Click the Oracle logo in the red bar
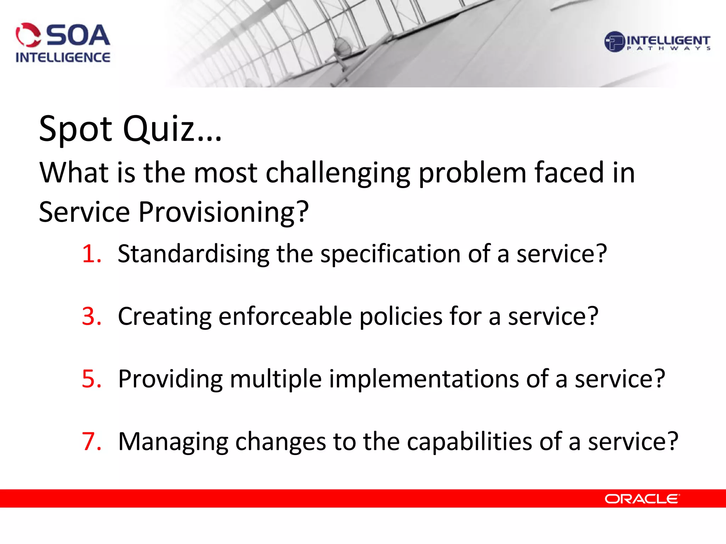pos(642,499)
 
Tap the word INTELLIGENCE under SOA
pos(63,57)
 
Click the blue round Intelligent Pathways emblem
pos(614,42)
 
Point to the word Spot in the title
pos(76,129)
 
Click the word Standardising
pos(194,254)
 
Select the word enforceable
pos(285,316)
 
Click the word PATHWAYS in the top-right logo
pos(668,49)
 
